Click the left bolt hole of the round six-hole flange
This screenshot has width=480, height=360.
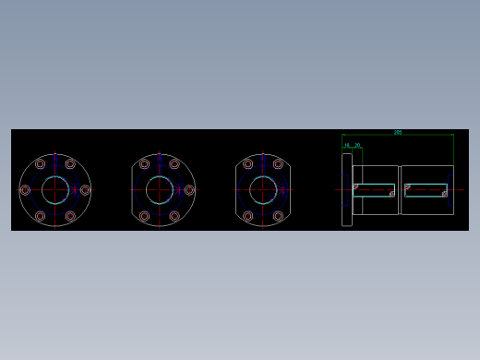click(x=25, y=190)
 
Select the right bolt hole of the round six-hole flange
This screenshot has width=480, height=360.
click(x=85, y=190)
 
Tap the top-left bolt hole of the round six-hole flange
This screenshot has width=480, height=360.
click(x=40, y=164)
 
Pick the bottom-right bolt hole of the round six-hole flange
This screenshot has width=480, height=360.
click(x=70, y=216)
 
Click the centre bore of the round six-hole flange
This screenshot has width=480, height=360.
click(x=55, y=190)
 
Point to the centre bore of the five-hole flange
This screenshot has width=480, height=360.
click(x=160, y=190)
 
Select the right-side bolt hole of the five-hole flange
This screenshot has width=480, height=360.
click(x=189, y=190)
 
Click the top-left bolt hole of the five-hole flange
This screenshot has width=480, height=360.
click(x=144, y=164)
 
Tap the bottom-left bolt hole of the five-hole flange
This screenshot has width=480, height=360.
click(x=144, y=216)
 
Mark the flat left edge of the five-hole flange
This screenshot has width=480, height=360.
click(x=132, y=190)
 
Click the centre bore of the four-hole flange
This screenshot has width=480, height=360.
click(x=263, y=190)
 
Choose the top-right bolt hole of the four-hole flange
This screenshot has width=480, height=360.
click(x=278, y=164)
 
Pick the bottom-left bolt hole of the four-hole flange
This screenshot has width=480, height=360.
click(x=247, y=216)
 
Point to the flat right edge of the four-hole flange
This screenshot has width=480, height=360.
click(x=291, y=190)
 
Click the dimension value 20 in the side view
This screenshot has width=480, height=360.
click(x=357, y=145)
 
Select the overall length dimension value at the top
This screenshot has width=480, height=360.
click(x=398, y=132)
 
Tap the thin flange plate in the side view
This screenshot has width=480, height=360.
click(x=347, y=189)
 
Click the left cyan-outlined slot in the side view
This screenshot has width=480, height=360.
click(x=374, y=190)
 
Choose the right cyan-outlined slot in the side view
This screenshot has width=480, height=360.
click(x=426, y=190)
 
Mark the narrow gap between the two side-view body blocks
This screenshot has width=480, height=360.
click(x=400, y=190)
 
